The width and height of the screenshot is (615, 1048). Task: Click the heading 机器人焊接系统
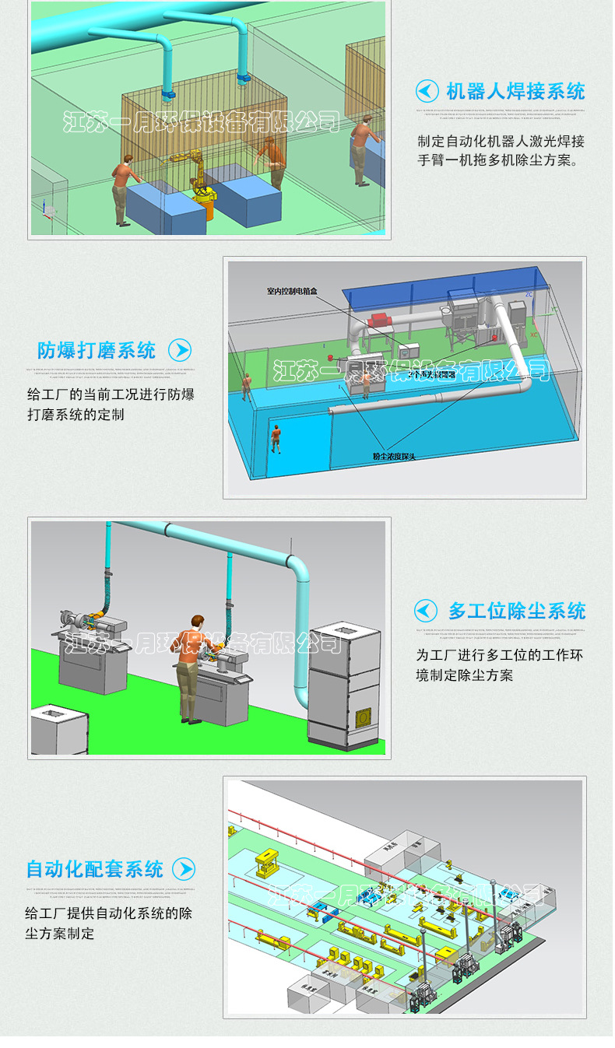click(x=515, y=92)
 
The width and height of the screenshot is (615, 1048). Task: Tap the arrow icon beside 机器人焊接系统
click(x=427, y=91)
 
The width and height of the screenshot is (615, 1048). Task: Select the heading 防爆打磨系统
click(x=97, y=350)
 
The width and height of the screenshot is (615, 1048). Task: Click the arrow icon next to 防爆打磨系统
click(x=180, y=350)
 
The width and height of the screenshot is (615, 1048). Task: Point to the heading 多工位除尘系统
click(x=517, y=611)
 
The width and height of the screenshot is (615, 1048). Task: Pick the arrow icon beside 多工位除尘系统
click(x=426, y=610)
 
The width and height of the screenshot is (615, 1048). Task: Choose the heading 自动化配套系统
click(x=95, y=869)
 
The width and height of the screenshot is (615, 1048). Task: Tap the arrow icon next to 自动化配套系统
click(x=184, y=869)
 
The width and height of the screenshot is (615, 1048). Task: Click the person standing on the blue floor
click(x=276, y=437)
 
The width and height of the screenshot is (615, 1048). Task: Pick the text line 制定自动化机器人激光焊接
click(x=501, y=142)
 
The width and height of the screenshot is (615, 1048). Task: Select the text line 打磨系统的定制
click(x=76, y=415)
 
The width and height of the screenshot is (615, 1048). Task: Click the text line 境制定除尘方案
click(x=464, y=675)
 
